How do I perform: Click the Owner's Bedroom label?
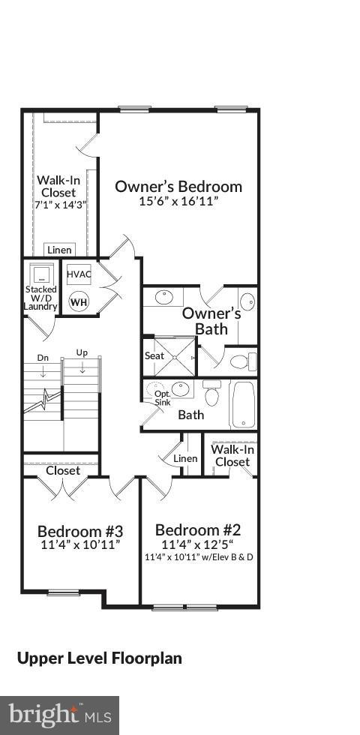click(x=178, y=187)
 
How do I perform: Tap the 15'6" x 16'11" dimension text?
click(x=178, y=202)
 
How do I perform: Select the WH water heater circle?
click(x=79, y=302)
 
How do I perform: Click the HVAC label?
click(x=79, y=274)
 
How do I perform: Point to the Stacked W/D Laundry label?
click(x=40, y=298)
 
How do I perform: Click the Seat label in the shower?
click(x=154, y=355)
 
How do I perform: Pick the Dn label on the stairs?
click(x=43, y=358)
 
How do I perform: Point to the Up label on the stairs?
click(x=82, y=352)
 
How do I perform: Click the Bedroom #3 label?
click(x=79, y=532)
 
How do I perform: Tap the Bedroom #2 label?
click(x=199, y=529)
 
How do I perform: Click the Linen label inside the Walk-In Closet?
click(x=59, y=250)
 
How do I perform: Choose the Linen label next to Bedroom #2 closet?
click(x=185, y=458)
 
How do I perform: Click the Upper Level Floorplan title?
click(x=100, y=658)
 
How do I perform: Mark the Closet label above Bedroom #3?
click(x=63, y=471)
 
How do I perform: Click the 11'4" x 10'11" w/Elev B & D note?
click(x=199, y=557)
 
